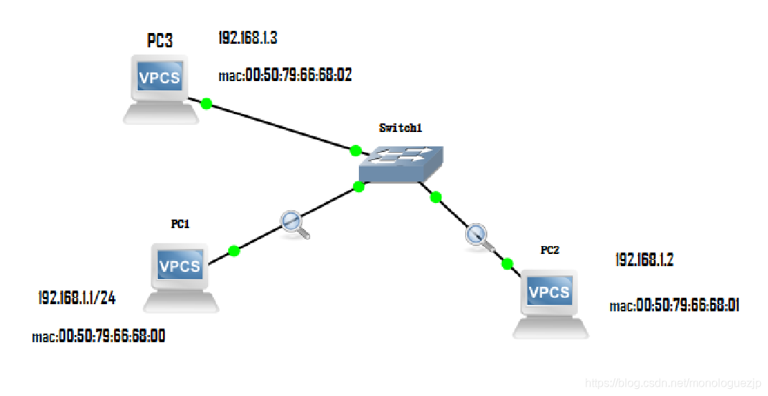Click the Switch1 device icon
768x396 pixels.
pos(401,164)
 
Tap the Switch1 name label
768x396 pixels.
pos(401,128)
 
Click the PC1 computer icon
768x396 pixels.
pos(180,276)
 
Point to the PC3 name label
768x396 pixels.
pos(159,40)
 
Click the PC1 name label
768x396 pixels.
pos(179,225)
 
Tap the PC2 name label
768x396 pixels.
pos(550,250)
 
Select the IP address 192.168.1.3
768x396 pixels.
pos(248,39)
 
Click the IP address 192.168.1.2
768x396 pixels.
pos(644,260)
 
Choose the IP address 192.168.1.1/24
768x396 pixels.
pos(77,298)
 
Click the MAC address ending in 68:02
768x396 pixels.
pos(285,75)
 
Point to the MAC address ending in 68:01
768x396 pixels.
pos(675,306)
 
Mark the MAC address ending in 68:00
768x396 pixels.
pos(98,336)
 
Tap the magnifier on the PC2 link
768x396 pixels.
pos(479,237)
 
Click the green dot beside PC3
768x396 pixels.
pos(206,104)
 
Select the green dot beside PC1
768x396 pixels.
pos(233,251)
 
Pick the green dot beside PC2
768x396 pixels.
pos(507,264)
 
